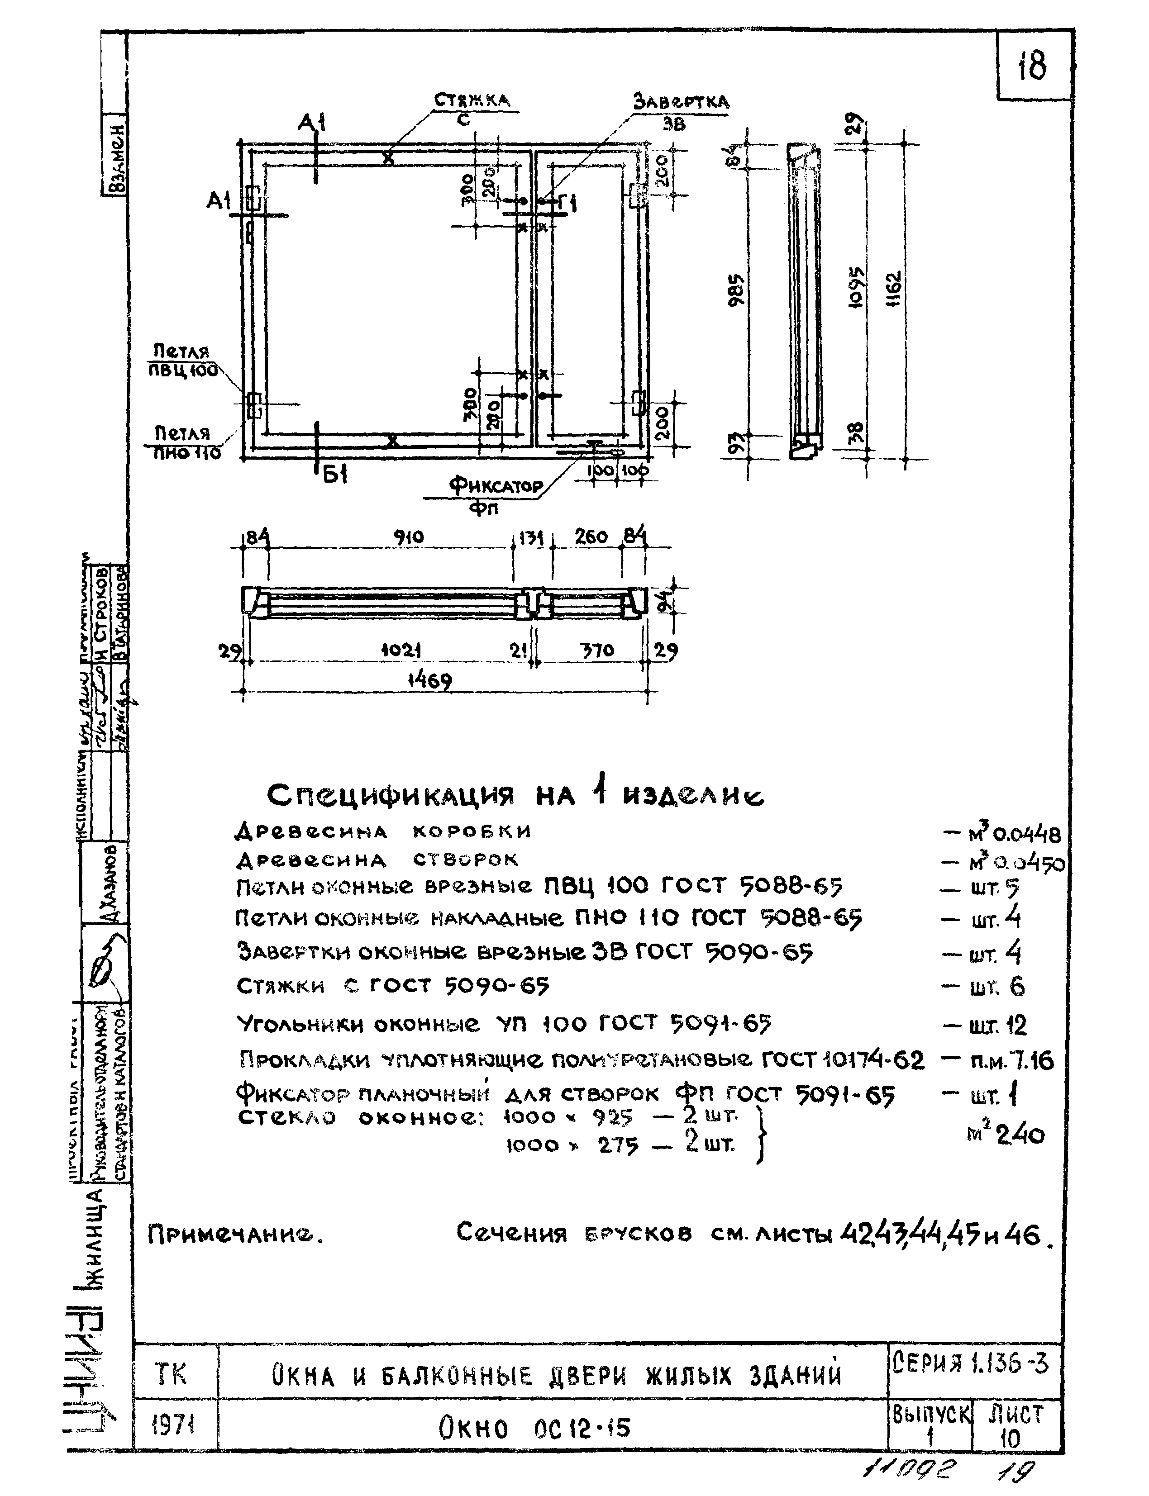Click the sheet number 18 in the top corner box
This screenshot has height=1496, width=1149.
1031,66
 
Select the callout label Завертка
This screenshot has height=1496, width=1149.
681,103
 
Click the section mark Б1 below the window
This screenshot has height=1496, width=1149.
336,475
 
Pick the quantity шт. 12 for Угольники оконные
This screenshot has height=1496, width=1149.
998,1026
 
